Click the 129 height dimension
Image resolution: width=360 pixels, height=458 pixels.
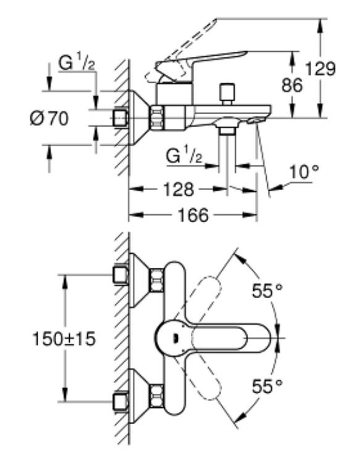coord(320,69)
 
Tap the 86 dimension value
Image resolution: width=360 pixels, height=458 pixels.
coord(292,85)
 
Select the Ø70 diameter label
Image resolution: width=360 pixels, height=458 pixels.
coord(49,119)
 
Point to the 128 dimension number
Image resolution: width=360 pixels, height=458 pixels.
coord(178,189)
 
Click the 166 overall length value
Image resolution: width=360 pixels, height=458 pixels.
coord(193,215)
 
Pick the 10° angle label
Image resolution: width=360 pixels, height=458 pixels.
coord(304,172)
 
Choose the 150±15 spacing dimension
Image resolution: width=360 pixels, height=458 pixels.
coord(64,339)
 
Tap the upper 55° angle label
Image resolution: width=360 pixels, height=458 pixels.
coord(267,291)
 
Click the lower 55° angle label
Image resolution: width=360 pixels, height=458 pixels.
coord(267,386)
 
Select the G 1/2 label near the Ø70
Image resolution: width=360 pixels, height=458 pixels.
coord(77,63)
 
